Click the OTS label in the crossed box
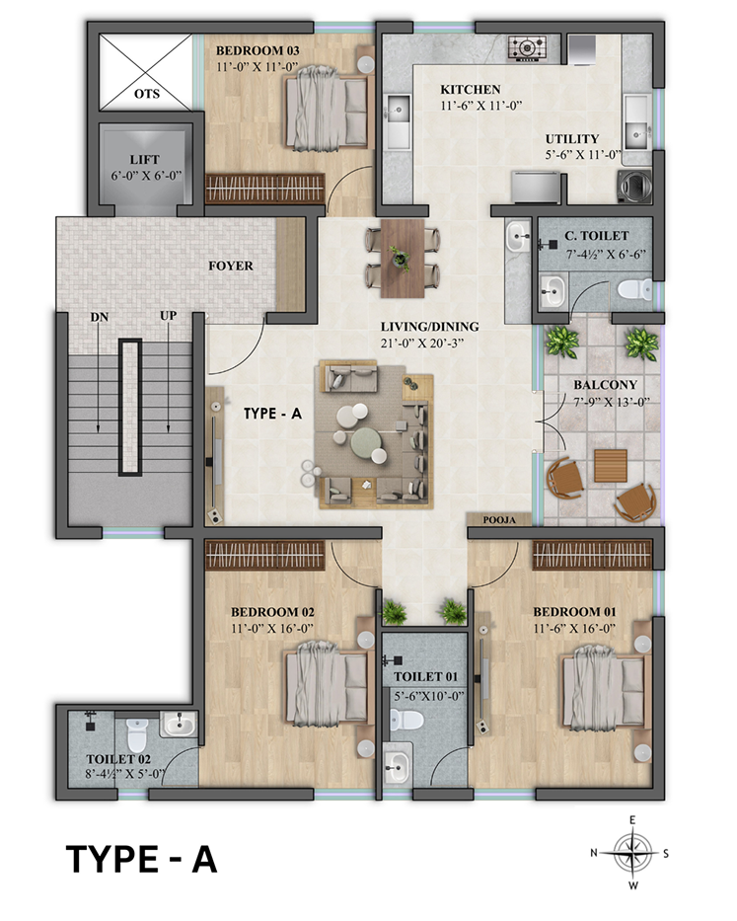[x=147, y=94]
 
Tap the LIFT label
[x=144, y=160]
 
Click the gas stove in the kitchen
[x=528, y=47]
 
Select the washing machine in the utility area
[x=634, y=186]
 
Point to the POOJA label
[x=499, y=520]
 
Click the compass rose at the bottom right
[x=632, y=852]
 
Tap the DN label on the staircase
[x=100, y=317]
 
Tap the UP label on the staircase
[x=168, y=316]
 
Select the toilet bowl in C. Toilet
[x=633, y=289]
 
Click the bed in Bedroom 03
[x=326, y=107]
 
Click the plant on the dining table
[x=400, y=258]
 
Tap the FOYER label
[x=231, y=267]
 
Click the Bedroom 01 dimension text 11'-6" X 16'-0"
[x=574, y=629]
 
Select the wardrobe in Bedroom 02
[x=264, y=556]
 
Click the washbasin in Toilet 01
[x=397, y=765]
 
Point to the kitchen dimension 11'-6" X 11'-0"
[x=480, y=106]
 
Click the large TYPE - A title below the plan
[x=141, y=859]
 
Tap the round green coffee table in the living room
[x=365, y=441]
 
